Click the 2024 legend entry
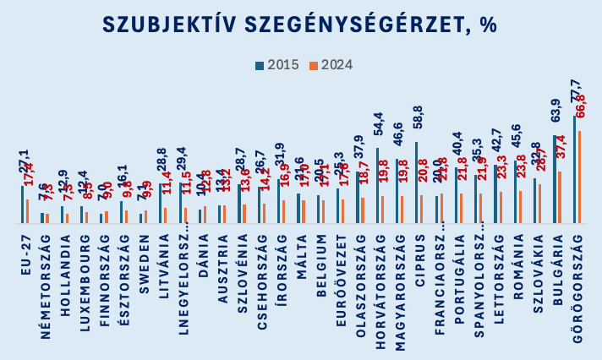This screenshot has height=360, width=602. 335,64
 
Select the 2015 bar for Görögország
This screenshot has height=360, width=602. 575,169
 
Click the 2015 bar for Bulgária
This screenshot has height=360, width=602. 555,178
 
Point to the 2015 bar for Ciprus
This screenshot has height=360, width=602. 417,182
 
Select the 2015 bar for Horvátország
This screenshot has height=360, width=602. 378,185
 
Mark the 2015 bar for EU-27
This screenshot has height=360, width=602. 23,204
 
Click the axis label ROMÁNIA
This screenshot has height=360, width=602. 517,270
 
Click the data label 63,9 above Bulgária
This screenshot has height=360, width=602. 556,116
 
